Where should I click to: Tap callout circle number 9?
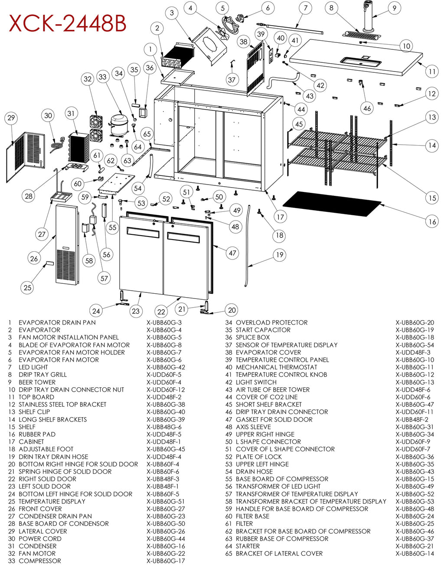point(394,8)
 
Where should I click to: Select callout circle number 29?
point(11,118)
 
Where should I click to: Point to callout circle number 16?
point(432,222)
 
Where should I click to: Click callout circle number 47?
point(233,253)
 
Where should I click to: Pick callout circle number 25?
point(27,288)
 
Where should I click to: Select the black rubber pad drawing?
point(332,204)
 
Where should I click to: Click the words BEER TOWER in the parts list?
point(37,382)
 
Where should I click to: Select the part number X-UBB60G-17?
point(166,561)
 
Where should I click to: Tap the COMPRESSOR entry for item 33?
point(40,561)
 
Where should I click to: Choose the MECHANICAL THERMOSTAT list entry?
point(277,367)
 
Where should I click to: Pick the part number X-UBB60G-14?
point(415,553)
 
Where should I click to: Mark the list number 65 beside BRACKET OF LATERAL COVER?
point(229,553)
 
